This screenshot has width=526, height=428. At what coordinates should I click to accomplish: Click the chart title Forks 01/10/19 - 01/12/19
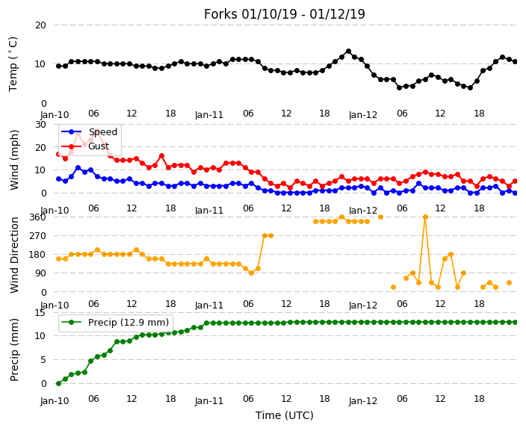284,14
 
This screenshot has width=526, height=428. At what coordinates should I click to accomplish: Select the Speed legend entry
89,131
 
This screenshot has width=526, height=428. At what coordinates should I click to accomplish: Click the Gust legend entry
85,146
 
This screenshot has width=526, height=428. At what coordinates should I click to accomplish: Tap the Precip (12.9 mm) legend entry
116,323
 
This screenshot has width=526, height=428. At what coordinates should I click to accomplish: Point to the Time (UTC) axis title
285,415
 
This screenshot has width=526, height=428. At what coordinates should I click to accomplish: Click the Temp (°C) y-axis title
13,64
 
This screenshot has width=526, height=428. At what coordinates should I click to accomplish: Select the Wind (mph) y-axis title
13,160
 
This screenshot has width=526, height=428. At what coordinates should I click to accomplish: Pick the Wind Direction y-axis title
13,255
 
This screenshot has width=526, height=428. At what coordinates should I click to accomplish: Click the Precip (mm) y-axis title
13,350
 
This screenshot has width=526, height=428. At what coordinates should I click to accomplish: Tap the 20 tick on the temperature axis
40,25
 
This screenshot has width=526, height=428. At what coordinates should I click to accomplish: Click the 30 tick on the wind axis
40,125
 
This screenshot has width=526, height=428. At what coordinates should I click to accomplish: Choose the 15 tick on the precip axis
40,313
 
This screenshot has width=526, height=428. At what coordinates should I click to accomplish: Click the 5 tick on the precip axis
43,360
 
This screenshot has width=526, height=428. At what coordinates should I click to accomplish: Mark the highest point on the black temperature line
348,52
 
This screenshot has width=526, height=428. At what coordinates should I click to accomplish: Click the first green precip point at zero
59,383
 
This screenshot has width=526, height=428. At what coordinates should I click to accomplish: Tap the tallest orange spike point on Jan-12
425,217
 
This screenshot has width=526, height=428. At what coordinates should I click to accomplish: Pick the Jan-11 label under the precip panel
209,401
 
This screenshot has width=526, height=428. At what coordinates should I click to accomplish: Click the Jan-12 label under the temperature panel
363,115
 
